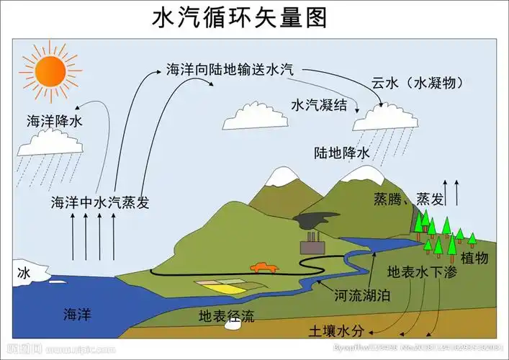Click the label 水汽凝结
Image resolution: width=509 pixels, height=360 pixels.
click(319, 105)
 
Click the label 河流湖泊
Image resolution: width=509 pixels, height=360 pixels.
click(363, 295)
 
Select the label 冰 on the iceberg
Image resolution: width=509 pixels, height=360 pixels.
click(25, 274)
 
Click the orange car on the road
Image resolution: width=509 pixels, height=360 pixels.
click(263, 267)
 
